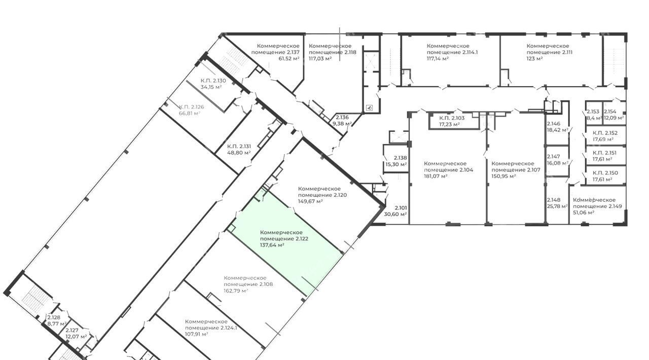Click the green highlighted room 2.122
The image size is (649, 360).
(285, 243)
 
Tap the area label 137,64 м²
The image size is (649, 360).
(272, 245)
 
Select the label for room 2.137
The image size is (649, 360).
(275, 49)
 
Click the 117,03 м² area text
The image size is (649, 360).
(320, 58)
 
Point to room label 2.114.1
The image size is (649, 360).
(452, 49)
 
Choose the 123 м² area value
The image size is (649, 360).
(534, 58)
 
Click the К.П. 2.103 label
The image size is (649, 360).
(452, 118)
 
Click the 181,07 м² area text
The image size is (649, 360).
(436, 176)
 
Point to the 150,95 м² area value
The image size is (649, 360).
(503, 176)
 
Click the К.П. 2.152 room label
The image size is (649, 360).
(605, 133)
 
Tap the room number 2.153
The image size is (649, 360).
(593, 112)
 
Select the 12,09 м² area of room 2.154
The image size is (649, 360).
(614, 118)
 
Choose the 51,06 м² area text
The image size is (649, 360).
(584, 212)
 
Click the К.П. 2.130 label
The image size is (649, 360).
(213, 81)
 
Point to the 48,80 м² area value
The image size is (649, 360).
(239, 153)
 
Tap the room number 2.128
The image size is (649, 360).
(54, 317)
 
